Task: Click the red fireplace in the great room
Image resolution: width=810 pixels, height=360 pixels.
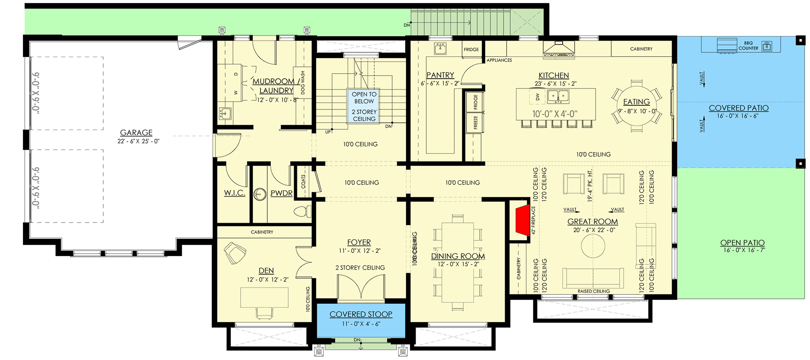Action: click(521, 224)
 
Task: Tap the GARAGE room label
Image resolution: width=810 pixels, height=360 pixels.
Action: click(136, 133)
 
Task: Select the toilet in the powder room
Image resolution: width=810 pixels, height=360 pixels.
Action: click(302, 211)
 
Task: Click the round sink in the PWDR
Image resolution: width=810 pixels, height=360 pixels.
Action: click(260, 194)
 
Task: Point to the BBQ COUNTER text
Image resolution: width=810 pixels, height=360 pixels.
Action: click(748, 45)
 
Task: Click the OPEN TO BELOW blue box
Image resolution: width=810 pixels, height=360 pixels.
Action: click(364, 106)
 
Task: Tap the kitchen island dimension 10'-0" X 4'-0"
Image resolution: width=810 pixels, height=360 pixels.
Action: click(555, 114)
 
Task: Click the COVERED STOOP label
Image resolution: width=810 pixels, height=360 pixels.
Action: click(361, 314)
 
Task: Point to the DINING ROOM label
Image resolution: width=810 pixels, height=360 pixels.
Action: click(458, 256)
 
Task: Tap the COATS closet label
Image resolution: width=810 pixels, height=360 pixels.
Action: click(304, 182)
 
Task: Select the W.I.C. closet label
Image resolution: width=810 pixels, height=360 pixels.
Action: click(234, 193)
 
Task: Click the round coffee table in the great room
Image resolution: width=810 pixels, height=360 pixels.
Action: click(593, 246)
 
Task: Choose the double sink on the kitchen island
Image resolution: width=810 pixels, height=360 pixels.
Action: click(558, 96)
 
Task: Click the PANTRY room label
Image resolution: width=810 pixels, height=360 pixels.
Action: click(440, 75)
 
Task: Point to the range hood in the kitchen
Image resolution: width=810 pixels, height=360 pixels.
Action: click(559, 49)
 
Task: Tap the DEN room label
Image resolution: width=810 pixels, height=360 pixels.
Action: click(266, 270)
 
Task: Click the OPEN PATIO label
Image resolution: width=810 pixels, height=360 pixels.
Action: click(742, 243)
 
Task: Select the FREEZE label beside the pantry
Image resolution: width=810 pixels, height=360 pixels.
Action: click(475, 122)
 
